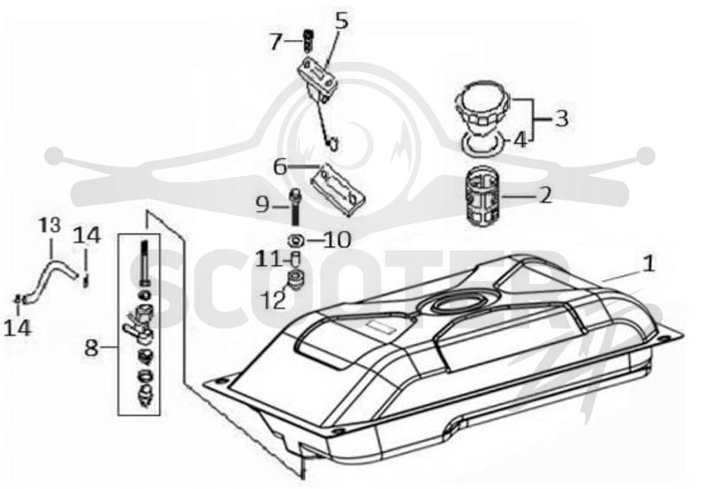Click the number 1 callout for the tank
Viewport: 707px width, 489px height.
pos(649,264)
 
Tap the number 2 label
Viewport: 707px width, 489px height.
pos(545,195)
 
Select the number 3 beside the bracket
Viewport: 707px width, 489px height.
pos(561,118)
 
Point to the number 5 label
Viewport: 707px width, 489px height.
pos(342,20)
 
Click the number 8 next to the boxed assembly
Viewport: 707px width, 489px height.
pos(92,348)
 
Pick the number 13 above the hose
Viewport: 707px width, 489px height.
pos(49,225)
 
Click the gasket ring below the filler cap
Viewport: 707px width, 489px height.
pos(483,144)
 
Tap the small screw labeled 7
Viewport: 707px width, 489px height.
pos(308,41)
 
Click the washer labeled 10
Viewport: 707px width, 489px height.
pos(296,241)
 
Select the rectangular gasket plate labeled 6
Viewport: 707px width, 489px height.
pos(338,189)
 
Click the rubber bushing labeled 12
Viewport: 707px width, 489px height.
pos(296,280)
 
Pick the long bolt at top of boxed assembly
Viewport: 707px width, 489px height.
pos(144,263)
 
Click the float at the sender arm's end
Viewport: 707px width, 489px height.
pos(333,144)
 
